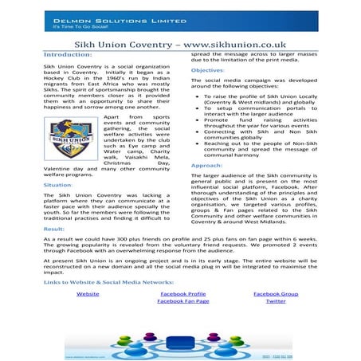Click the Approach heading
[206, 165]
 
